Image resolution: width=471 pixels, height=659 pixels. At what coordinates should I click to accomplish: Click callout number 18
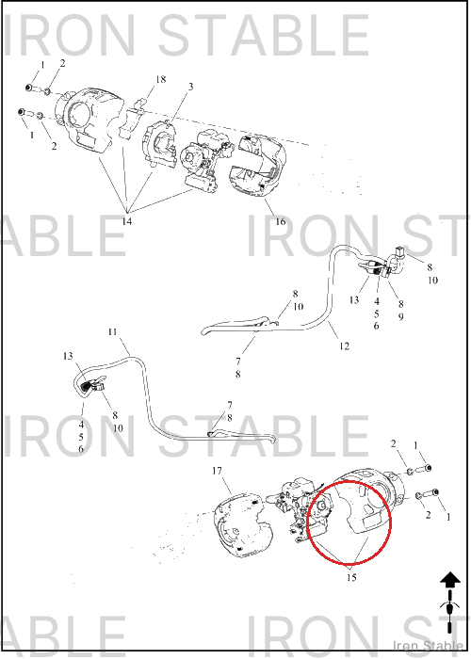coord(161,79)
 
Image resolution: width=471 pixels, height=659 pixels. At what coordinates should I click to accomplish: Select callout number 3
coord(191,87)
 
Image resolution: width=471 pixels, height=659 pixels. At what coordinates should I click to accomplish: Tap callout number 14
coord(126,221)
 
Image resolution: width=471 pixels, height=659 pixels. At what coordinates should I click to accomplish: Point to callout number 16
coord(281,221)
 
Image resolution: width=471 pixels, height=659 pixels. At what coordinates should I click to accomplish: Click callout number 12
coord(345,346)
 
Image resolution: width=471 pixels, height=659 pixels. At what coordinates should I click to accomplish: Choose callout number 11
coord(112,332)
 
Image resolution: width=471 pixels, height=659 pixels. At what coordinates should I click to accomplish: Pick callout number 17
coord(217,471)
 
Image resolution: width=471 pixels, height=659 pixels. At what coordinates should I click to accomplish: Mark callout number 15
coord(351,577)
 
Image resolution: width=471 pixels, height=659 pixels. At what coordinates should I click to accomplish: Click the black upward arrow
coord(450,581)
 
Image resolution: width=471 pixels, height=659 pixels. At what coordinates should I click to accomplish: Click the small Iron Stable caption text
coord(428,645)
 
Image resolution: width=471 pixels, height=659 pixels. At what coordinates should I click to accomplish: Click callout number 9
coord(400,316)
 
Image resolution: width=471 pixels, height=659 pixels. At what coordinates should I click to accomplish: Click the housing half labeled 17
coord(239,525)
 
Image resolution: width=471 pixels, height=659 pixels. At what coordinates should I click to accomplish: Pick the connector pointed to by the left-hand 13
coord(88,385)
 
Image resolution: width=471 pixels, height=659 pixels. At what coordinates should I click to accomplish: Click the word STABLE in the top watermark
coord(264,35)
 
